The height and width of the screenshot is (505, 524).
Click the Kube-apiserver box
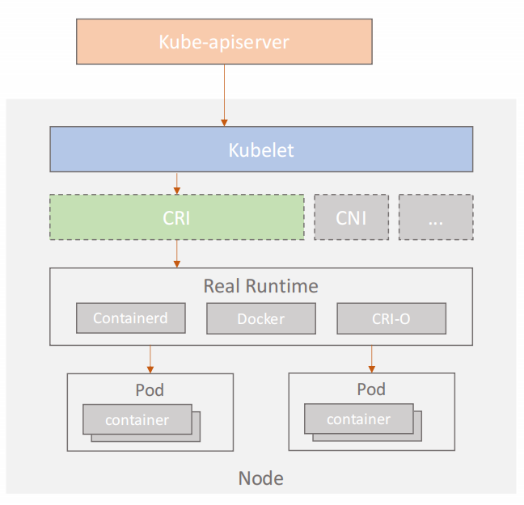[224, 41]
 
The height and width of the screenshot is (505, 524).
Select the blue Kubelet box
[261, 149]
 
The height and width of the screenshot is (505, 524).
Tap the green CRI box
[177, 217]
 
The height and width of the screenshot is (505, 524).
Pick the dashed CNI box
[351, 217]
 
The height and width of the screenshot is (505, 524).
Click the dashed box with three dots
[436, 217]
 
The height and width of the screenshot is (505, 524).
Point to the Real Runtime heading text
[261, 286]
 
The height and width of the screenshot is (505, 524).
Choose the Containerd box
[131, 318]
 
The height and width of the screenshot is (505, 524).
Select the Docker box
[261, 318]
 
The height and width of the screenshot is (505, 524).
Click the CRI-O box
[391, 318]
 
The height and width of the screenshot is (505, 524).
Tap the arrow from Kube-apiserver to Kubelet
[224, 95]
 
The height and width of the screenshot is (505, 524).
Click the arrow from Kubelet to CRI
[177, 183]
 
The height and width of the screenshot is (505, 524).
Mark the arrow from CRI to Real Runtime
[177, 254]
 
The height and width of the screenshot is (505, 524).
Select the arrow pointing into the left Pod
[150, 360]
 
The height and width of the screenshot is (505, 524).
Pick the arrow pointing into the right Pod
[372, 359]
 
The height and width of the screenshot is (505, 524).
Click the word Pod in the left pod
[150, 389]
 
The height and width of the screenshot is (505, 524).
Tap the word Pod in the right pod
[371, 389]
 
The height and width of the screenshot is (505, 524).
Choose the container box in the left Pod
[137, 419]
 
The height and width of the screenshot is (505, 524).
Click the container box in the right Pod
[359, 419]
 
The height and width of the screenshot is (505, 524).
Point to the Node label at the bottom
[261, 478]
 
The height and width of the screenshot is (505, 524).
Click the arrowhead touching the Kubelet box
[224, 123]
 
